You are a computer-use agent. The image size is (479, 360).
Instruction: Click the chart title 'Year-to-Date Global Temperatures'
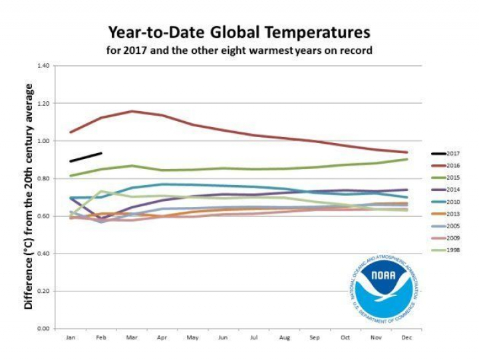coord(239,32)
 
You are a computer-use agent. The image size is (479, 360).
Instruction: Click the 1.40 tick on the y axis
coord(44,66)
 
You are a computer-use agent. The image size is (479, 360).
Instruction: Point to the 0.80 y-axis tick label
coord(44,178)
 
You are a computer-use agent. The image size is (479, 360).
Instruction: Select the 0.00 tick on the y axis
coord(44,328)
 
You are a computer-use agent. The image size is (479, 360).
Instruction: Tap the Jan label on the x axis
coord(70,337)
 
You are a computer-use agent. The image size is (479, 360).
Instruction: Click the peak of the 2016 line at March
coord(132,111)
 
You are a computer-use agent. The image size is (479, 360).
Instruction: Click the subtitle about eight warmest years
coord(239,49)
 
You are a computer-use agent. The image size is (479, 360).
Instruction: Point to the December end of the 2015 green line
coord(407,159)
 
